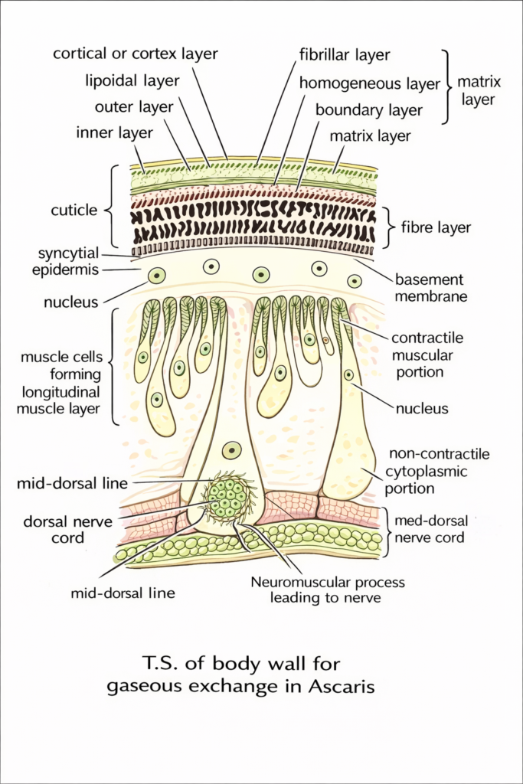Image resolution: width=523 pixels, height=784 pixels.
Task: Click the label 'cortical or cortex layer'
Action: coord(135,54)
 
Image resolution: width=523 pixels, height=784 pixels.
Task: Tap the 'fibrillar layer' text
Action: coord(345,54)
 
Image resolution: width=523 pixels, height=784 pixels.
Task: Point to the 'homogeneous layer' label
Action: coord(369,83)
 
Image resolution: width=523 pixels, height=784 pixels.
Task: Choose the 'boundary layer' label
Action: coord(369,109)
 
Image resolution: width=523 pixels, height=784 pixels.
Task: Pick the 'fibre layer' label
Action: coord(436,227)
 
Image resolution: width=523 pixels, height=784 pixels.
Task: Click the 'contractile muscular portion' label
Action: coord(427,355)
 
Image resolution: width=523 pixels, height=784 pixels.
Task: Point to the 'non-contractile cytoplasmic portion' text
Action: coord(439,471)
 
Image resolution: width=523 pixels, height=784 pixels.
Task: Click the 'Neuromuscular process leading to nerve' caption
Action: coord(328,590)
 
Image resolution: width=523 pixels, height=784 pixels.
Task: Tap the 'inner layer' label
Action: coord(115,132)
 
